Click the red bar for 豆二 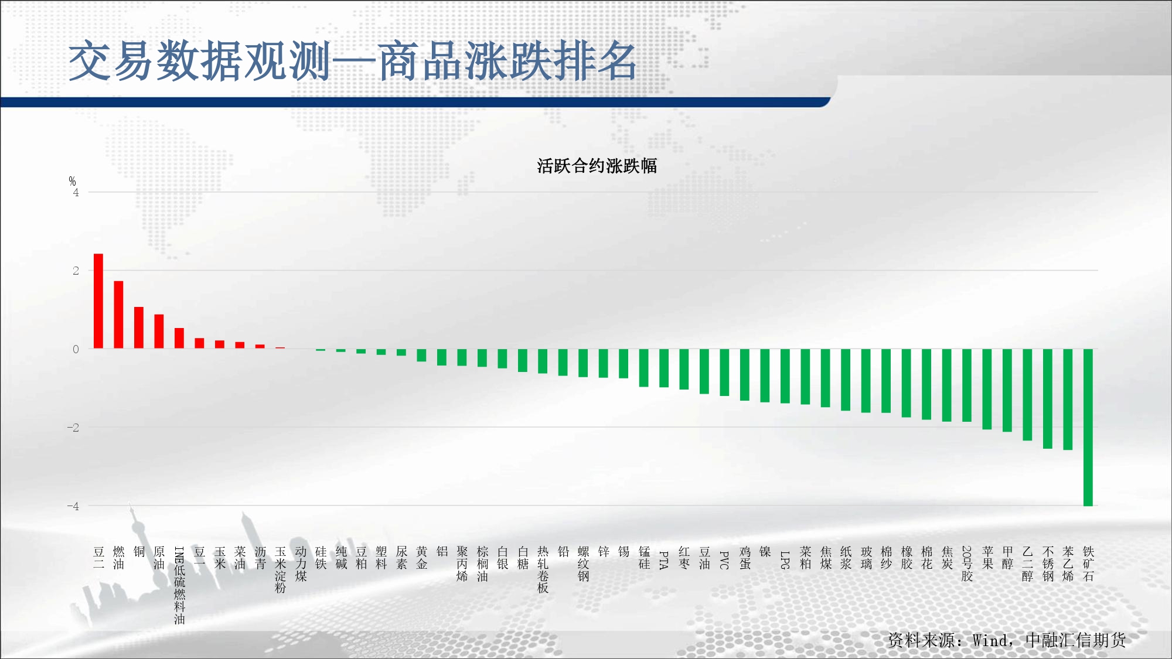(98, 301)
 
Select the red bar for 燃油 (118, 315)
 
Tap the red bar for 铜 (139, 327)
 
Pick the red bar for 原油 (159, 332)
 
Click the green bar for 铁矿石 (1088, 428)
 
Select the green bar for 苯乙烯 (1068, 400)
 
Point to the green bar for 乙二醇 (1027, 395)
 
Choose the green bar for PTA (664, 368)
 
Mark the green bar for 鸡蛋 (745, 375)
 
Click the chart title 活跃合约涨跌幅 (597, 166)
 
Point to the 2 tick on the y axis (76, 271)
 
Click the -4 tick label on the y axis (73, 506)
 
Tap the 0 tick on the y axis (76, 349)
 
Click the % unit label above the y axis (72, 181)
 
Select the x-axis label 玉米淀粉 (280, 570)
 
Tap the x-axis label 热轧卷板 (543, 570)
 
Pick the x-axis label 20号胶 (967, 564)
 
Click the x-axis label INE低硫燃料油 (179, 585)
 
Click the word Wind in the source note (990, 640)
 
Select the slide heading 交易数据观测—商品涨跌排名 (353, 61)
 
